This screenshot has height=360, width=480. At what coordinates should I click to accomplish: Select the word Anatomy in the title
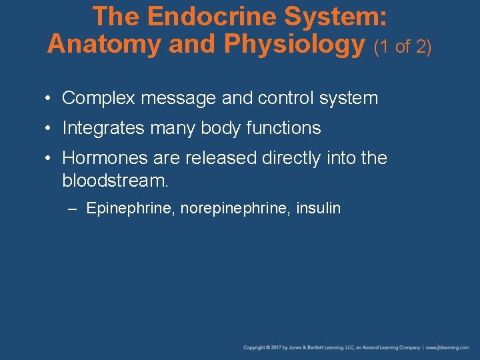(104, 44)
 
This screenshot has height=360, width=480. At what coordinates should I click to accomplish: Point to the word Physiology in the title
(295, 44)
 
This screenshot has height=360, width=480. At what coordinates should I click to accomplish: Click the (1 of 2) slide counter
(403, 47)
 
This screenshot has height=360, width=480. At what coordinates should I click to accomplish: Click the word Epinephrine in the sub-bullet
(127, 209)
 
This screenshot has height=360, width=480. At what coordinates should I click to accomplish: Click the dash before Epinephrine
(73, 209)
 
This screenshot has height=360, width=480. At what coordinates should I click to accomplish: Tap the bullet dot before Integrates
(49, 128)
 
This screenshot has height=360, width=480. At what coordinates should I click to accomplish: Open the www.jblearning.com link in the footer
(450, 347)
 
